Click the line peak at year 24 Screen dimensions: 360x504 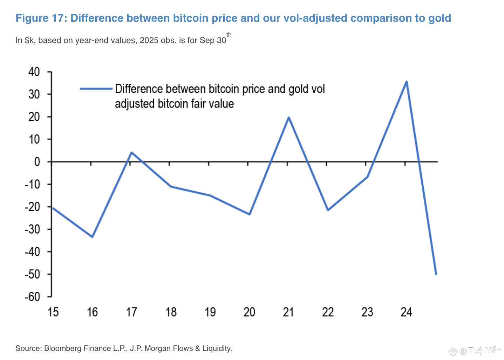tap(406, 82)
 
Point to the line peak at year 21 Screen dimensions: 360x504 tap(288, 117)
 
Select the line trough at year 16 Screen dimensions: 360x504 tap(92, 237)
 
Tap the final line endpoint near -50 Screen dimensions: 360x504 tap(436, 274)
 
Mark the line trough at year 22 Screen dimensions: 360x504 tap(328, 210)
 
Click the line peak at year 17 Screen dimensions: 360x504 tap(131, 152)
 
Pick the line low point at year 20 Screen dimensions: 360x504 tap(250, 214)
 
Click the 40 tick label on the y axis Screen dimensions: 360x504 tap(34, 72)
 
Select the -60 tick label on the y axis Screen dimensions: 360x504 tap(32, 297)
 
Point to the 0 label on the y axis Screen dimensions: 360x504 tap(37, 162)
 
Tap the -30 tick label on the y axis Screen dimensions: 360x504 tap(32, 229)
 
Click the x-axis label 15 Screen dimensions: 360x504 tap(53, 312)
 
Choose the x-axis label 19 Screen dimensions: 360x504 tap(210, 312)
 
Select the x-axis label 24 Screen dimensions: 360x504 tap(406, 312)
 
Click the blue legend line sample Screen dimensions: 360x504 tap(96, 89)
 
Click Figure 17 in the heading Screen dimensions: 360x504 tap(41, 18)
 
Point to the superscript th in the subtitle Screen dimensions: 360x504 tap(229, 35)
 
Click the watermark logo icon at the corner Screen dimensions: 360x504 tap(453, 351)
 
